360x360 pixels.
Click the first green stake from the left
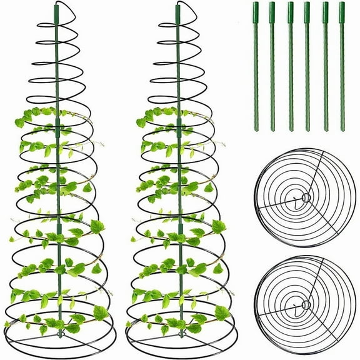click(256, 66)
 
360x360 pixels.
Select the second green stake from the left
click(272, 66)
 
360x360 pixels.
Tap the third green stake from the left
click(291, 66)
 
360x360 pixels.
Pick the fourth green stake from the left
click(307, 66)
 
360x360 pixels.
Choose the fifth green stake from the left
click(325, 66)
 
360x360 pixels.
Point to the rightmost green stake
click(342, 66)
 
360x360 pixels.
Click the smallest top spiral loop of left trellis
click(57, 19)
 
